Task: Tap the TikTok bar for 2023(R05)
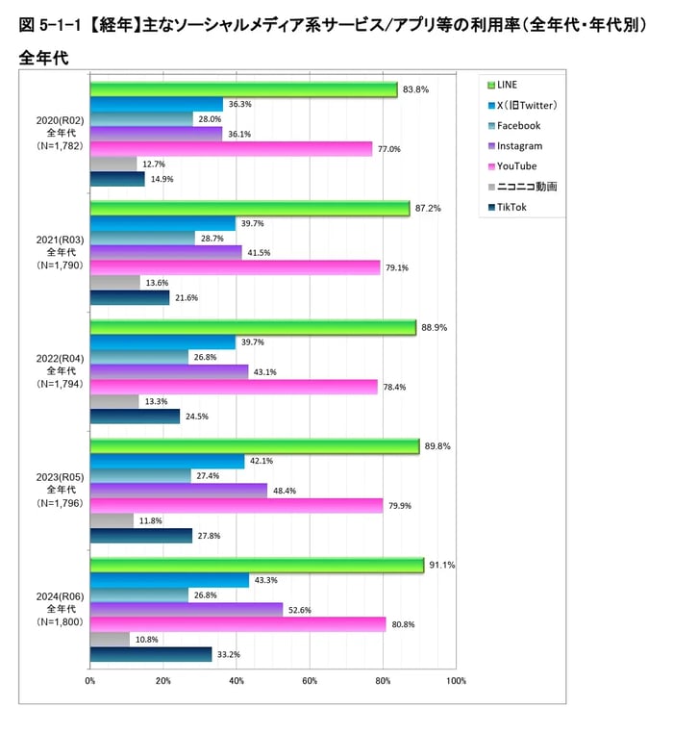(x=140, y=536)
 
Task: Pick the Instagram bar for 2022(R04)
(x=169, y=372)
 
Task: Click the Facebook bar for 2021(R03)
(x=142, y=238)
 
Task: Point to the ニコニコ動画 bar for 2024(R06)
(x=110, y=640)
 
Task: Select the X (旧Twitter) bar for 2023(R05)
(x=167, y=461)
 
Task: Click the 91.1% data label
(x=440, y=565)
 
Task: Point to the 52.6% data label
(x=299, y=610)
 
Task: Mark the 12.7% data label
(x=153, y=164)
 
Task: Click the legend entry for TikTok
(x=511, y=207)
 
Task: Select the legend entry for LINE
(x=508, y=85)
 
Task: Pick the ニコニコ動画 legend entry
(x=526, y=187)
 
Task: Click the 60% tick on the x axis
(x=310, y=682)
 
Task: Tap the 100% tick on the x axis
(x=456, y=682)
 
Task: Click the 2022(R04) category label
(x=60, y=357)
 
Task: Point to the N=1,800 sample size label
(x=60, y=622)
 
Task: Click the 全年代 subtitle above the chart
(x=42, y=58)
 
